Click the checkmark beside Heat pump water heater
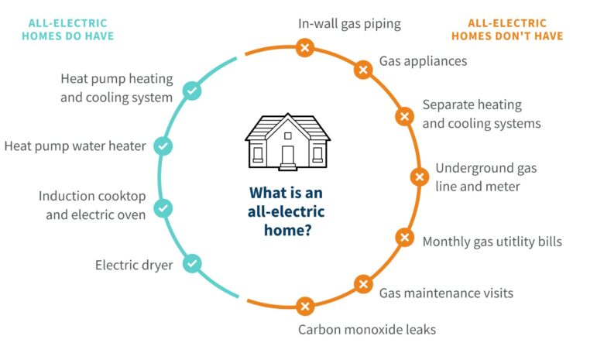(163, 146)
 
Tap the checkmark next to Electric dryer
(192, 263)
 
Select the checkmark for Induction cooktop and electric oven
(163, 208)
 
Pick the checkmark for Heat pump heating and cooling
(192, 91)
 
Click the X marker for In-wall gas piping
(305, 47)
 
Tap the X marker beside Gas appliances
(363, 70)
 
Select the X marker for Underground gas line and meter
(420, 177)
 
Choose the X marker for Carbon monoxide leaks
(305, 307)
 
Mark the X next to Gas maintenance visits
(363, 284)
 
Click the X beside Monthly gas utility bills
(405, 238)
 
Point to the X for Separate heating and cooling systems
(405, 116)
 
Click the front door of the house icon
(288, 156)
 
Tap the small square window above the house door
(288, 135)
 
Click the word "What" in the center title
(266, 193)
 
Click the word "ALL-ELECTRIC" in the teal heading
(68, 23)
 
